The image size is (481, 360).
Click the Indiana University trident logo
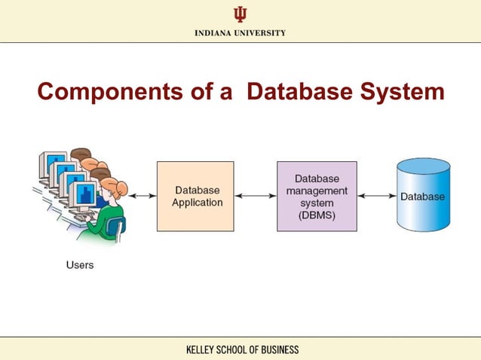pyautogui.click(x=240, y=14)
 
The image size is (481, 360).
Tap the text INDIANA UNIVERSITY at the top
pyautogui.click(x=240, y=33)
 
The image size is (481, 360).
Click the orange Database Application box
pyautogui.click(x=195, y=196)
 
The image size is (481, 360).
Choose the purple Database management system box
pyautogui.click(x=317, y=196)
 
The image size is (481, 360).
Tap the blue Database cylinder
pyautogui.click(x=422, y=196)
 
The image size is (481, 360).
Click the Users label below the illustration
pyautogui.click(x=79, y=265)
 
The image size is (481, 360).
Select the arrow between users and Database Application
pyautogui.click(x=142, y=196)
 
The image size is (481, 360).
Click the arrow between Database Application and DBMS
pyautogui.click(x=256, y=196)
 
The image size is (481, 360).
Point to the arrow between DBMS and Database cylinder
pyautogui.click(x=377, y=196)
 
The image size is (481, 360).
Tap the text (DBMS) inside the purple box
pyautogui.click(x=317, y=215)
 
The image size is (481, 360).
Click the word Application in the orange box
pyautogui.click(x=197, y=203)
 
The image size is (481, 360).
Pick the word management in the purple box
pyautogui.click(x=317, y=191)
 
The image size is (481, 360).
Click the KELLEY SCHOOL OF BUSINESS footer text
pyautogui.click(x=241, y=349)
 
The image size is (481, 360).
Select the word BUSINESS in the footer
pyautogui.click(x=276, y=349)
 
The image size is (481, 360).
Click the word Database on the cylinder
pyautogui.click(x=422, y=197)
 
